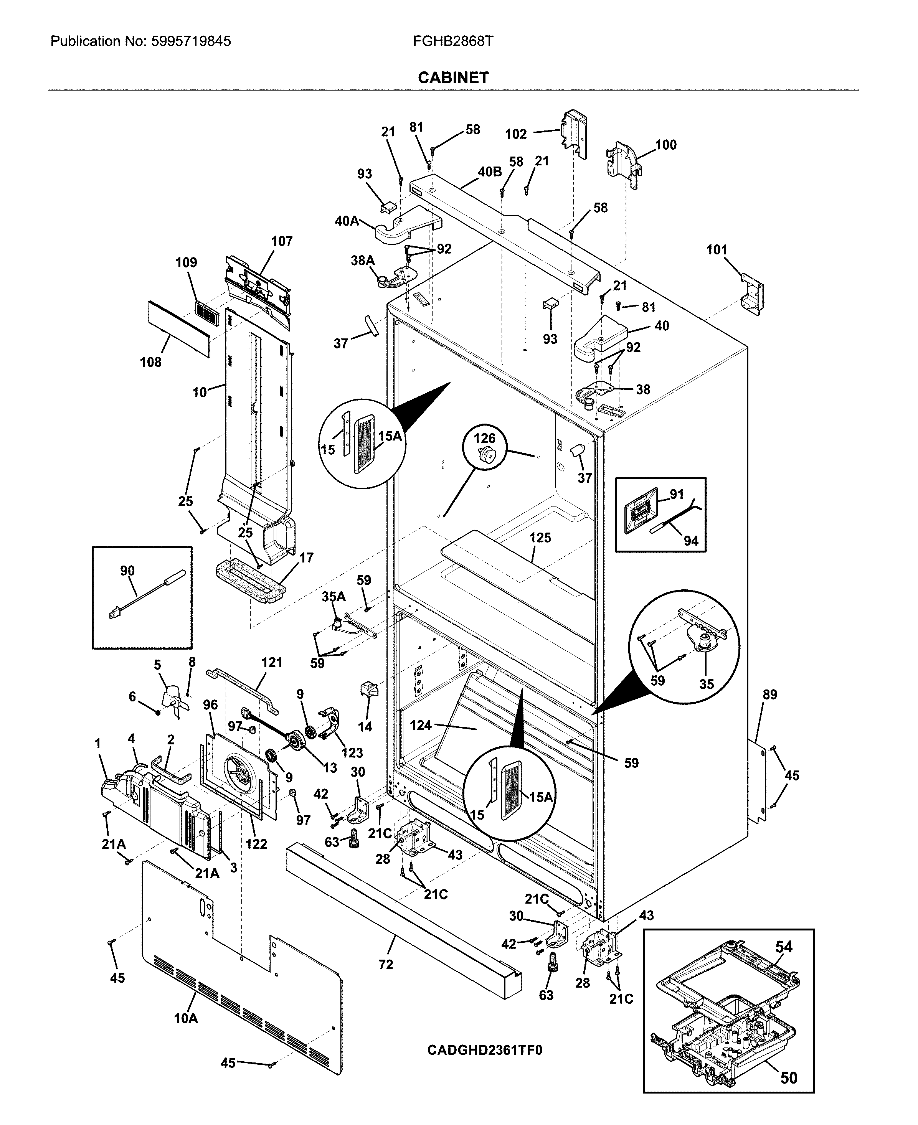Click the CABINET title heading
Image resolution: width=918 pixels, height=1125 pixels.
click(x=453, y=78)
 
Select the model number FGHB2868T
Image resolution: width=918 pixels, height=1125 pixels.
click(x=453, y=41)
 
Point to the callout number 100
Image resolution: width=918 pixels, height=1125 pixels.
click(x=666, y=145)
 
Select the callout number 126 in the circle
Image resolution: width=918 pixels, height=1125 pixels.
click(x=484, y=438)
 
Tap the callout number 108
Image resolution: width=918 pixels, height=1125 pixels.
click(x=151, y=362)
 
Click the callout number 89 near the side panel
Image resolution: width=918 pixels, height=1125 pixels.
click(x=770, y=694)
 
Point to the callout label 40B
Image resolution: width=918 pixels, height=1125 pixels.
click(x=489, y=172)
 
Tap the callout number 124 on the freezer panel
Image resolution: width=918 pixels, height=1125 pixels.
click(x=421, y=725)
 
